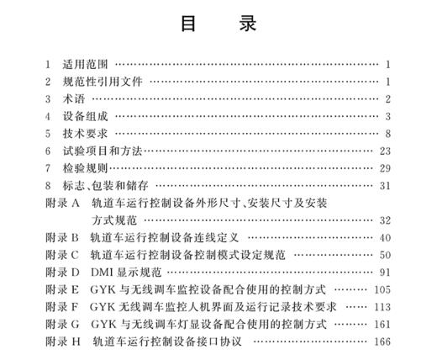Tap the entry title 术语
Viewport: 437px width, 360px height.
[72, 99]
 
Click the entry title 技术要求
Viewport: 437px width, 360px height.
[85, 134]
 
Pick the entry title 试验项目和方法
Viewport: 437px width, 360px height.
[97, 151]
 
